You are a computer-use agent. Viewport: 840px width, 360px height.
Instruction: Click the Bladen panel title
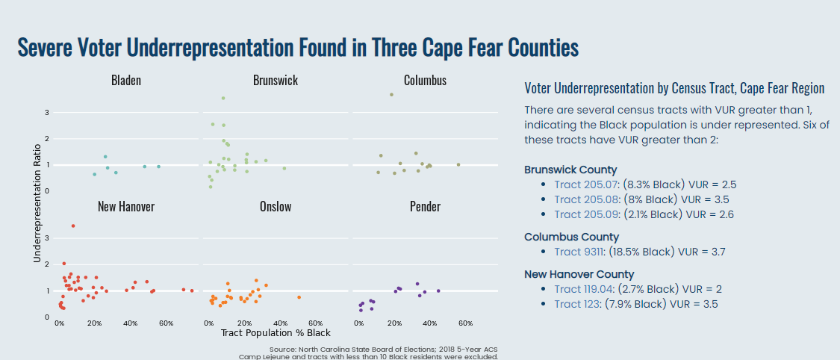[125, 80]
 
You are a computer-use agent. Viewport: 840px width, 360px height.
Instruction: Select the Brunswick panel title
[275, 80]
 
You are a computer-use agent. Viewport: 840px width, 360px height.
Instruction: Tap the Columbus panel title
[425, 80]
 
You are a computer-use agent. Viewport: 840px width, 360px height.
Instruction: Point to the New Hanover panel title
[125, 206]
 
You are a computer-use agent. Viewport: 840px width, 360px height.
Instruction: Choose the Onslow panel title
[276, 206]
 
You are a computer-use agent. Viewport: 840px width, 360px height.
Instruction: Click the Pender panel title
[425, 206]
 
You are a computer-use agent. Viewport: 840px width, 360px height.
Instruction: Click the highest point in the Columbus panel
[391, 95]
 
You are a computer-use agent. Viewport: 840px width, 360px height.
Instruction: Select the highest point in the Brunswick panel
[223, 99]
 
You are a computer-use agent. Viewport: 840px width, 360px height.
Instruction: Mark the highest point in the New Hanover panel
[72, 226]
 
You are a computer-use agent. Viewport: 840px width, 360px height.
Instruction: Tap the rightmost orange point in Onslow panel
[299, 297]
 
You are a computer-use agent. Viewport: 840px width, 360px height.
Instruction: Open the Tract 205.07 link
[583, 184]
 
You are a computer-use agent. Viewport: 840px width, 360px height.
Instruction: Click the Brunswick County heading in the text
[570, 170]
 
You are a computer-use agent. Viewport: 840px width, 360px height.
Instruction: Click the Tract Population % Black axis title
[276, 332]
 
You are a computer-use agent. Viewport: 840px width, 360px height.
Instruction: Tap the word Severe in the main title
[44, 48]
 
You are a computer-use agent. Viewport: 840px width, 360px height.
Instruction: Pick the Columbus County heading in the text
[571, 237]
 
